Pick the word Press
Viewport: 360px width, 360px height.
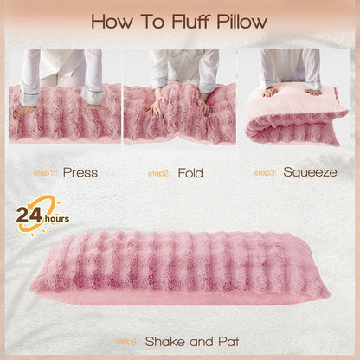[x=80, y=172]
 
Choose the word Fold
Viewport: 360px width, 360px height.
[x=190, y=172]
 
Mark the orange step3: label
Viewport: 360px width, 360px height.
[x=267, y=172]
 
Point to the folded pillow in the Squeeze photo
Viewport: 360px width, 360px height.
[x=294, y=121]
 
